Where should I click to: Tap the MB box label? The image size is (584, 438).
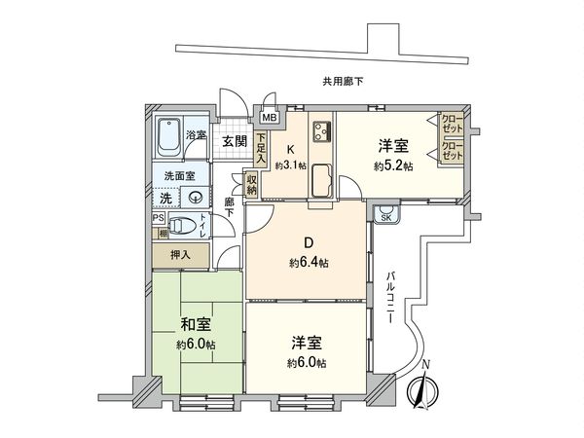click(270, 118)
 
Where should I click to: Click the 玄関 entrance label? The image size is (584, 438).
click(234, 142)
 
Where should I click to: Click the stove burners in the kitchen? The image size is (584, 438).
click(322, 131)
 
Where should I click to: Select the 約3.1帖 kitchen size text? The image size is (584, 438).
click(290, 166)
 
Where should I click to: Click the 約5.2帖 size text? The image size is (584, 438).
click(392, 167)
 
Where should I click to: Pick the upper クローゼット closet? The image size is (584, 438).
click(452, 124)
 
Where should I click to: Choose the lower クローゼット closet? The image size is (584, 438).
click(452, 152)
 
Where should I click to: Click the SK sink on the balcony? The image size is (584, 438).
click(386, 215)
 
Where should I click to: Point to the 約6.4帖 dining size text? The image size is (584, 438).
click(309, 263)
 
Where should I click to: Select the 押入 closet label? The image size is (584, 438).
click(180, 255)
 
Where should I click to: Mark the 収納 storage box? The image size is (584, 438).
click(251, 184)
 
